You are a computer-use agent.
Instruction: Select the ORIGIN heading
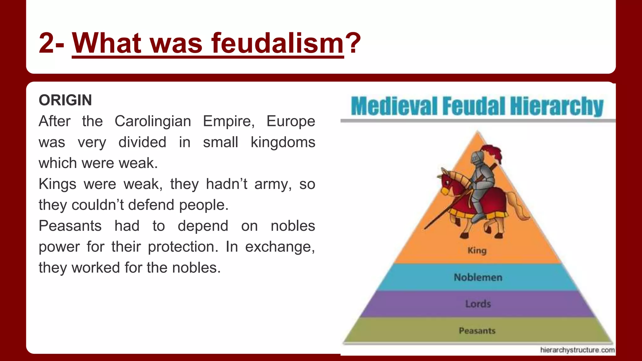click(65, 100)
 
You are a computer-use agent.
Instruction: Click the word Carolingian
click(153, 121)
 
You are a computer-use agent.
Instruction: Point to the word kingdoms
click(283, 142)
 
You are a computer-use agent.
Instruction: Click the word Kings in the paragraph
click(57, 184)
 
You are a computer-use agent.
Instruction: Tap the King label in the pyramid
click(477, 251)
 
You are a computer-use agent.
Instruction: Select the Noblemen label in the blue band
click(478, 277)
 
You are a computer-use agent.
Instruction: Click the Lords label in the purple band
click(478, 304)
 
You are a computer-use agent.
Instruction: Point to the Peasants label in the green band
click(477, 331)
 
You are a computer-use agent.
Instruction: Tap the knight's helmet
click(477, 158)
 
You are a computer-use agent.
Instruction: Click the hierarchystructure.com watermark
click(577, 350)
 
